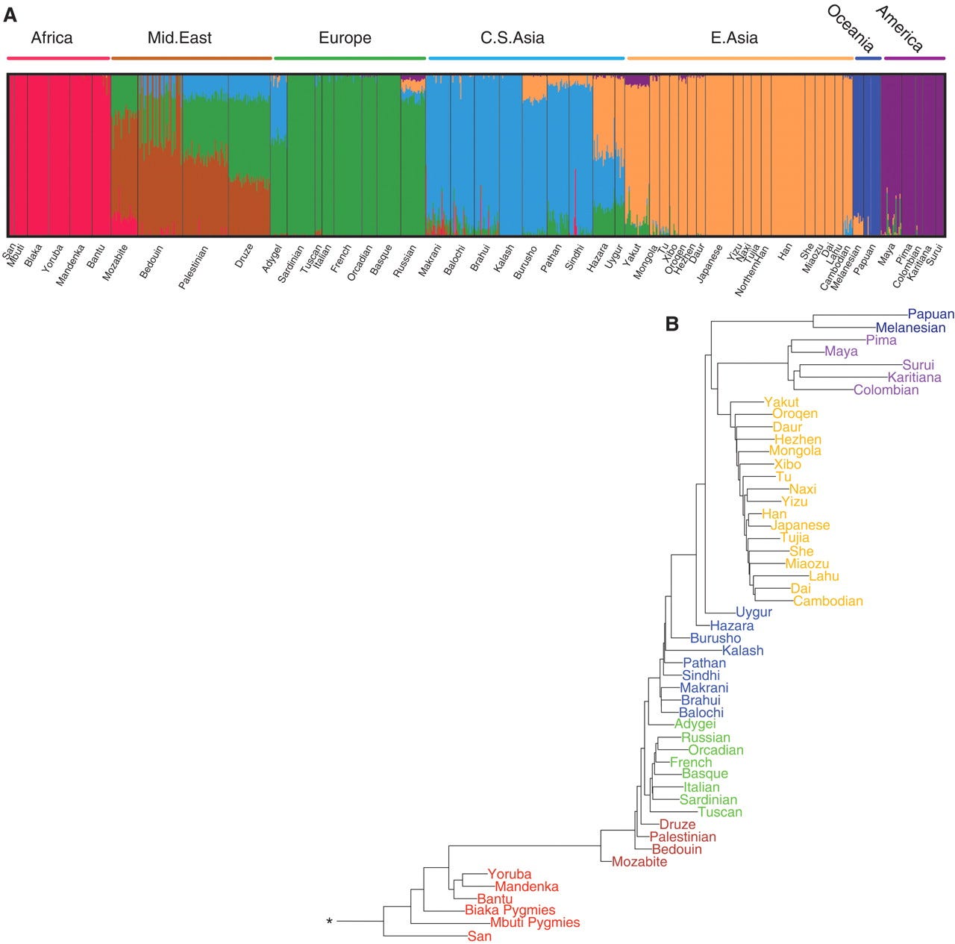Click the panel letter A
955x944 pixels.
coord(10,14)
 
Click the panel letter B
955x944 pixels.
coord(672,324)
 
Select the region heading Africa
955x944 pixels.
coord(51,37)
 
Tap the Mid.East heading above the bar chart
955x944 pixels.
coord(180,37)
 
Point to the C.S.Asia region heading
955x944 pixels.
coord(512,37)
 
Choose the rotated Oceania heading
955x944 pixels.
coord(851,28)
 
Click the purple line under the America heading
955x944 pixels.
coord(914,57)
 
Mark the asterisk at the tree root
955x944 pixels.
coord(329,922)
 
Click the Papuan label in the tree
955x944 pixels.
coord(930,314)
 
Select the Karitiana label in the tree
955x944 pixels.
coord(914,377)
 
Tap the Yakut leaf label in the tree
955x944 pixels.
coord(781,402)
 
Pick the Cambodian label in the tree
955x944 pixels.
coord(827,601)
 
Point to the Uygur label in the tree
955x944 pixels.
coord(754,612)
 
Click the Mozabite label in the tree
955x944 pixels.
coord(639,862)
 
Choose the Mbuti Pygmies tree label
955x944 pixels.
coord(534,922)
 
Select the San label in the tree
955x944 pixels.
coord(480,936)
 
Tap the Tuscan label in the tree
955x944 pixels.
coord(720,812)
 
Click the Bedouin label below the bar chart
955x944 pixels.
coord(151,261)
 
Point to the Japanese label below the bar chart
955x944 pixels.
coord(710,262)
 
